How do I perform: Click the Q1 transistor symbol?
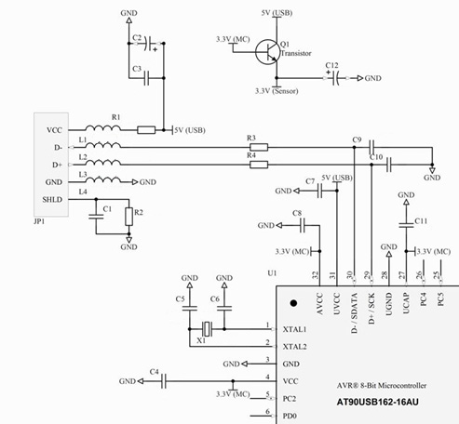point(267,52)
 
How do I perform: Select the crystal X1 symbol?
point(207,329)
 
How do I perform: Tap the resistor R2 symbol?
point(129,217)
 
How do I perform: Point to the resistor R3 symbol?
point(259,147)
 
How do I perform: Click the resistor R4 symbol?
point(259,165)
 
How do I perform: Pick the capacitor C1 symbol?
point(96,217)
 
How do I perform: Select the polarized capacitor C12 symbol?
point(335,78)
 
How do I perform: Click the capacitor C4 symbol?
point(164,381)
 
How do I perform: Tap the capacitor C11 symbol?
point(406,225)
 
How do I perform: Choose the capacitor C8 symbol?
point(303,225)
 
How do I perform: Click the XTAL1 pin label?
point(294,329)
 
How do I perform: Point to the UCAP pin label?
point(406,303)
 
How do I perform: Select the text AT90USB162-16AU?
point(378,403)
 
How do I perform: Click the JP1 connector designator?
point(39,221)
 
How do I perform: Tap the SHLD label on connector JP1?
point(52,199)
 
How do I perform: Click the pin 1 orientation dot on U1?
point(293,303)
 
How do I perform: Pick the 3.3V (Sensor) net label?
point(277,91)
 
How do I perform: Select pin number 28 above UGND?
point(385,275)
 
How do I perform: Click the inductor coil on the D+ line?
point(102,163)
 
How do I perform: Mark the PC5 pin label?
point(440,299)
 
